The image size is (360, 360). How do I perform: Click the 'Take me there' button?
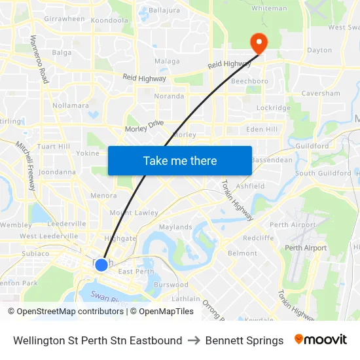pos(180,160)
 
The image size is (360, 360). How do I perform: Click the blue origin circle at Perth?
pos(101,264)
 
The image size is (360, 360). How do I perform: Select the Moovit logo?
pos(321,340)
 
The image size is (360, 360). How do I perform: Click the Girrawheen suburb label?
pos(64,19)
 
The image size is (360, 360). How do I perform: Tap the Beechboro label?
pos(249,81)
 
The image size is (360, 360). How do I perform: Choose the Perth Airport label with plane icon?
pos(305,248)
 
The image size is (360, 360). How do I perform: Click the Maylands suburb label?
pos(175,227)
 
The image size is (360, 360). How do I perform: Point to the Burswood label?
pos(171,285)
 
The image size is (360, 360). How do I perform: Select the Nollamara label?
pos(71,105)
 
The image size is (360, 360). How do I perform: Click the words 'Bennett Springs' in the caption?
pos(244,340)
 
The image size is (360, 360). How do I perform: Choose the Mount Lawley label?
pos(134,213)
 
